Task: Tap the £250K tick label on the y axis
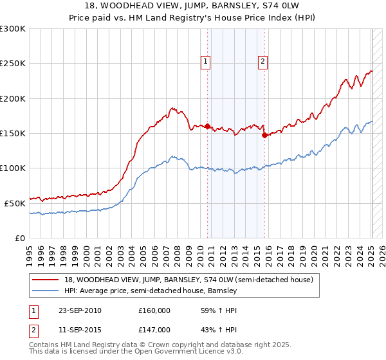point(13,64)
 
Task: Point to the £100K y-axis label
point(13,168)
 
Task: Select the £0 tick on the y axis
point(19,238)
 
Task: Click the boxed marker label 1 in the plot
point(205,62)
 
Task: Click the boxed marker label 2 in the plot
point(263,62)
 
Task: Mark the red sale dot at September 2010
point(208,127)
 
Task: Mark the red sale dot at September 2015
point(264,135)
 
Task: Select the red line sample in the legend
point(46,280)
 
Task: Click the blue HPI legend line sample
point(46,291)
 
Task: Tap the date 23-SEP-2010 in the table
point(80,310)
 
